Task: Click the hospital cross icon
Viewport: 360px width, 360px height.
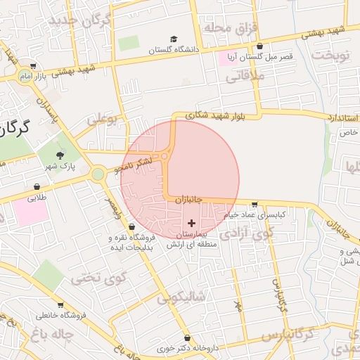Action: (x=191, y=222)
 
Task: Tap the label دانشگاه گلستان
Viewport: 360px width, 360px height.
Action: (x=174, y=51)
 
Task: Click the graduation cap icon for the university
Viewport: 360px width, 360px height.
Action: (x=174, y=39)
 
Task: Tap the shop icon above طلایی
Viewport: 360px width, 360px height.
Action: (x=37, y=187)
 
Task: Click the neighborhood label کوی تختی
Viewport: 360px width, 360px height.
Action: (x=92, y=277)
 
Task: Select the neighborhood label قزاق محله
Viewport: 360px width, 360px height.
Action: (x=232, y=27)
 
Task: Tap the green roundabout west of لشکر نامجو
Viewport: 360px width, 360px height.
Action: (x=98, y=174)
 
